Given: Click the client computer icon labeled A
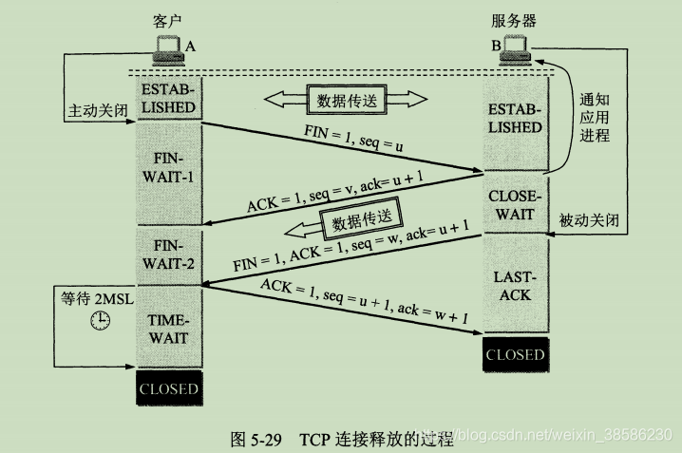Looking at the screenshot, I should point(167,46).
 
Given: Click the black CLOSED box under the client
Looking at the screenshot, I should point(169,388).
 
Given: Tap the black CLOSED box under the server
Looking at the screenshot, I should point(515,355).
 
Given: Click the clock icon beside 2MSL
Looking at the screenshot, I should point(99,323).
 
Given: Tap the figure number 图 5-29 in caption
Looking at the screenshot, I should point(256,438).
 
